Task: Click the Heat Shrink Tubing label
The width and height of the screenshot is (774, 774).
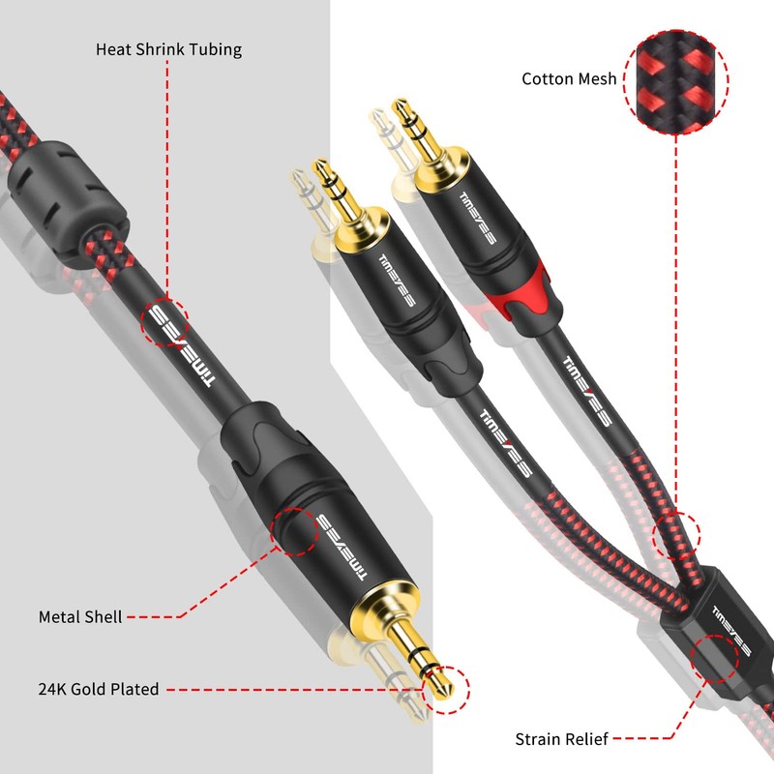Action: click(168, 48)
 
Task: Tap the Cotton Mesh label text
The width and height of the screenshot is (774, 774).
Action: click(569, 79)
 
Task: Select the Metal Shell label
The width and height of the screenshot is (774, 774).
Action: click(80, 616)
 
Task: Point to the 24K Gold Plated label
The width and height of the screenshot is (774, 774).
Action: click(99, 690)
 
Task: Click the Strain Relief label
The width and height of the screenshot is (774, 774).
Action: click(562, 739)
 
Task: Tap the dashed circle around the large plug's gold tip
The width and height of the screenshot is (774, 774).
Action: click(446, 689)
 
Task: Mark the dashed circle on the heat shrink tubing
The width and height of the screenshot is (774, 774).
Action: click(164, 322)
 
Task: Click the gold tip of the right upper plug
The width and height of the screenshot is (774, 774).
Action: click(401, 106)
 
